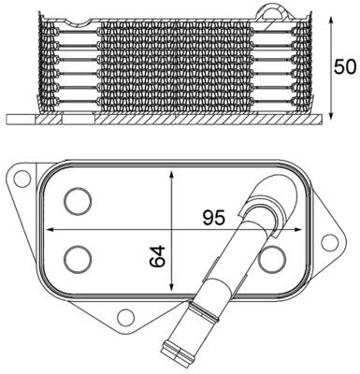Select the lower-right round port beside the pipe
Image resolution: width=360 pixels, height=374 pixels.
(273, 259)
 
